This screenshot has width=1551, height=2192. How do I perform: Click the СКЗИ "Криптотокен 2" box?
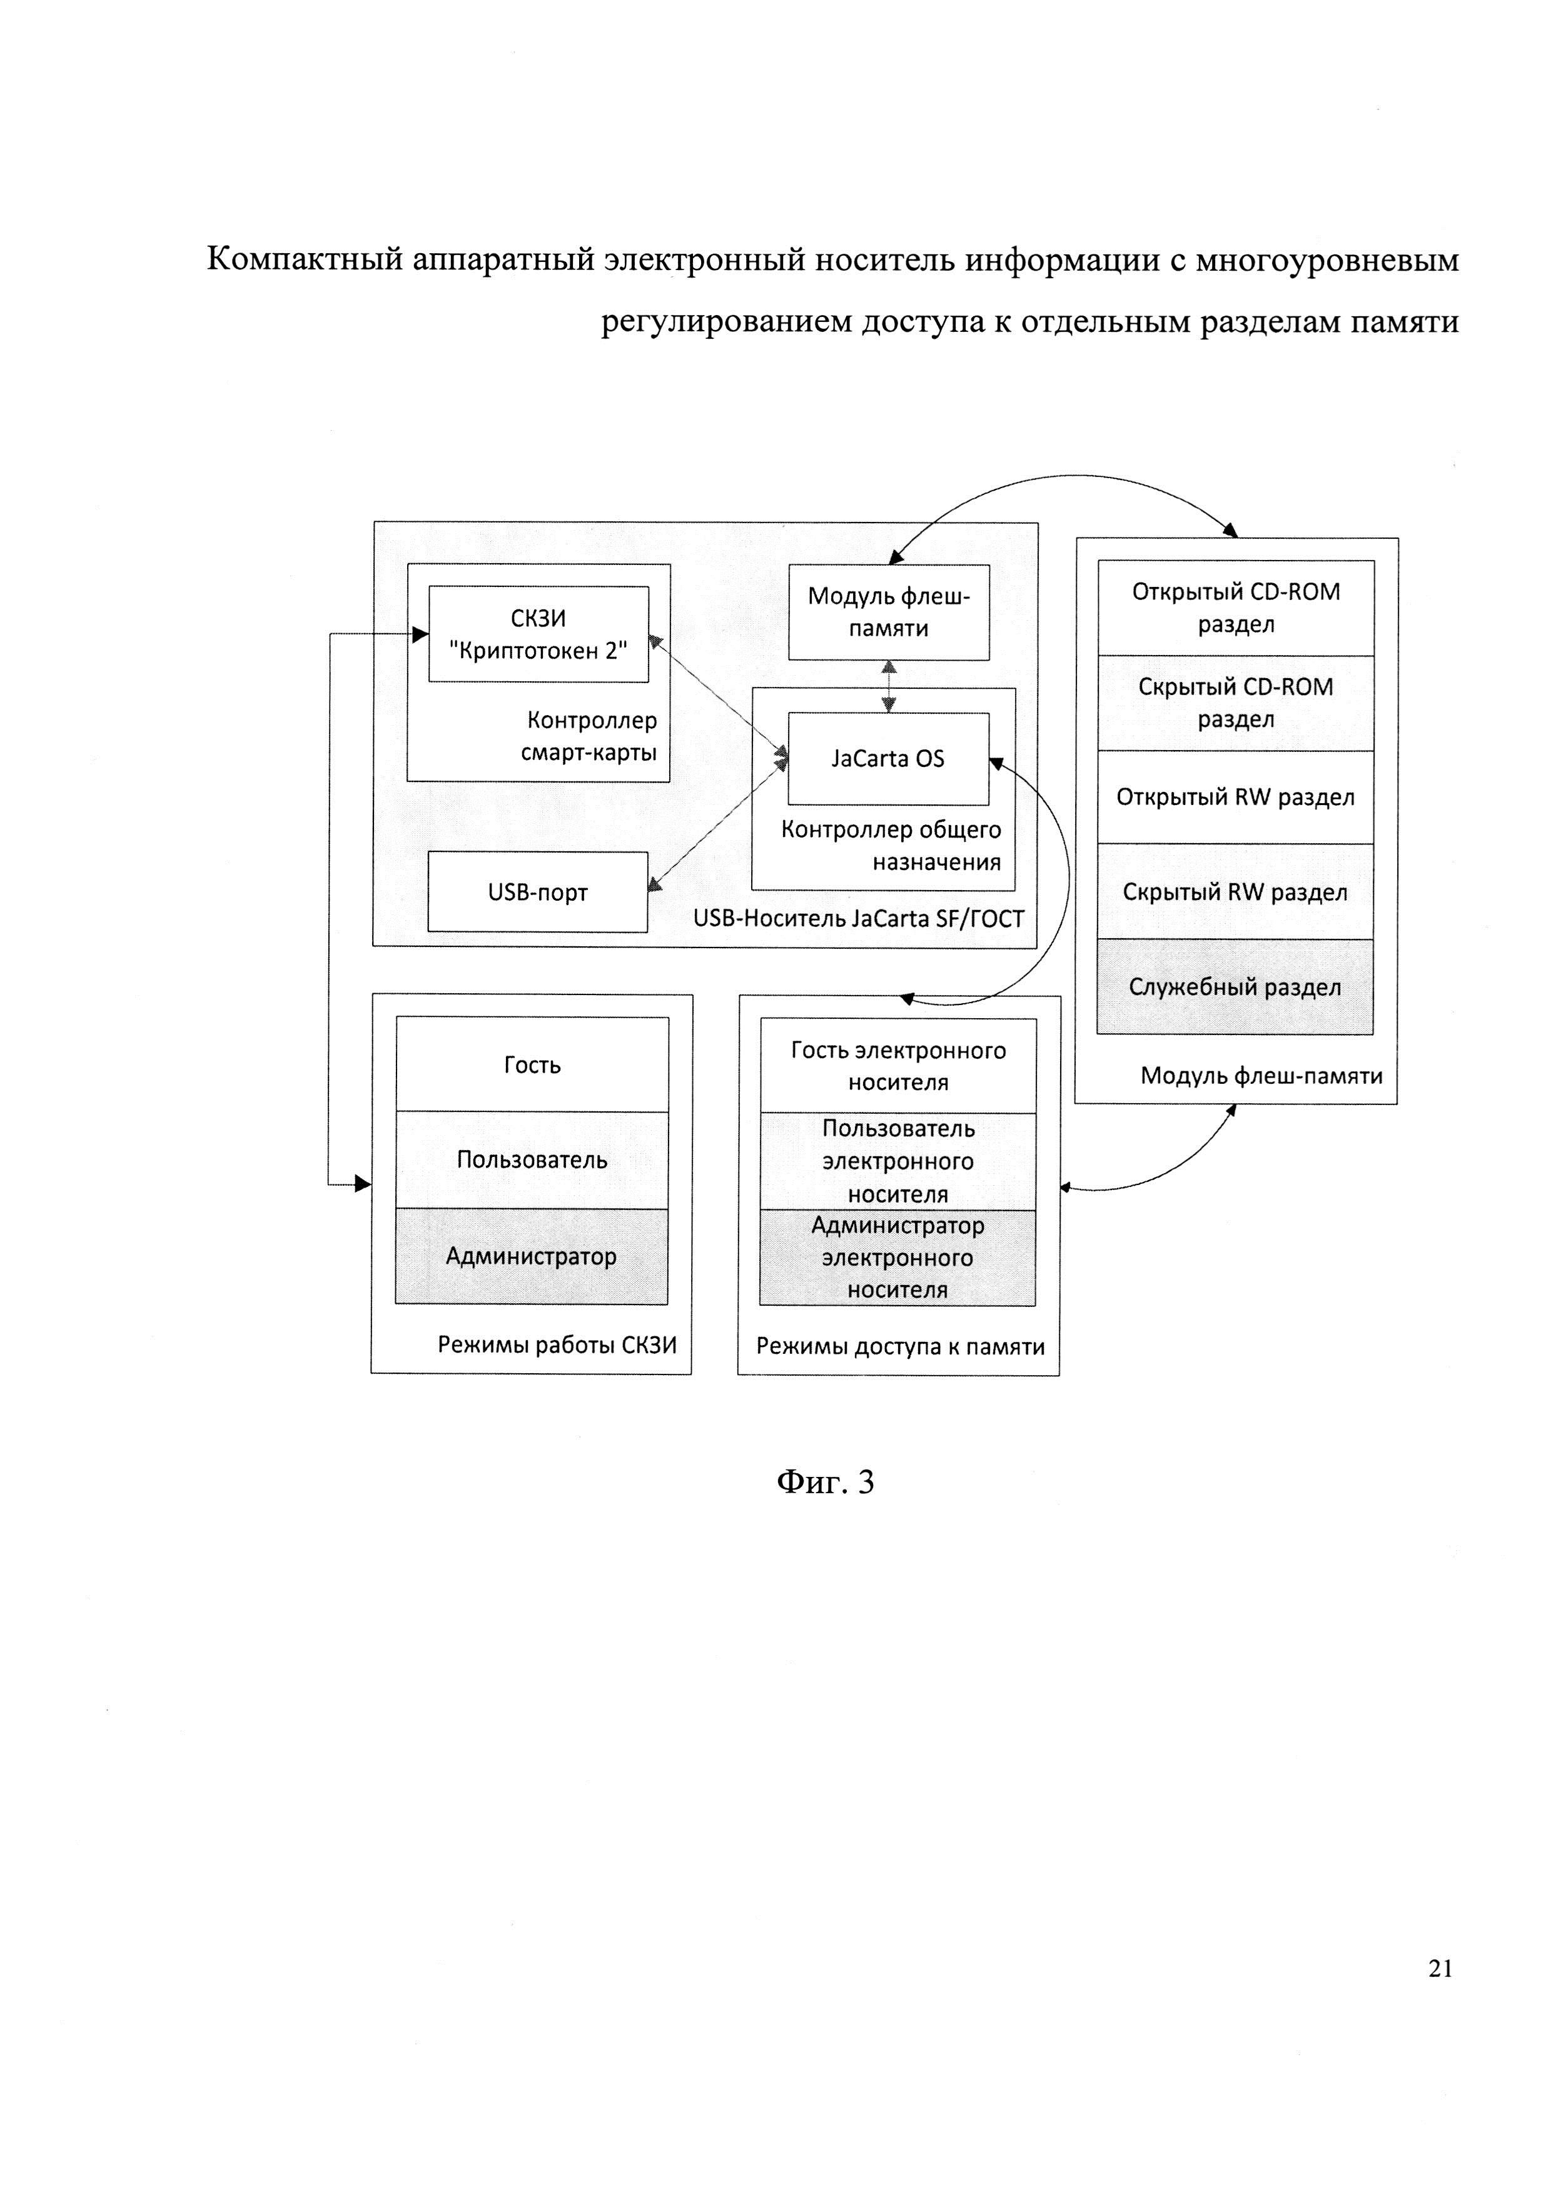[x=538, y=634]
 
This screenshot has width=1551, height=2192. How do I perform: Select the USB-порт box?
[x=538, y=892]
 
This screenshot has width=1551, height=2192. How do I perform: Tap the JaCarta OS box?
[x=888, y=759]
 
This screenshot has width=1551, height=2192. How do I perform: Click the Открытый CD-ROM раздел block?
[x=1236, y=608]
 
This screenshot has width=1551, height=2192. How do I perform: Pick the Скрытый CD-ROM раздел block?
[x=1236, y=704]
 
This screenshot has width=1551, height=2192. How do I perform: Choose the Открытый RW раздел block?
[x=1236, y=797]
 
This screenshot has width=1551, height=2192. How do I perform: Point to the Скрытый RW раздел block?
[x=1236, y=892]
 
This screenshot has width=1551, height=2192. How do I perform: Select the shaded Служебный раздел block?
[x=1236, y=987]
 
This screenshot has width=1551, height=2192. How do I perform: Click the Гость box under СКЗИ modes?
[x=532, y=1064]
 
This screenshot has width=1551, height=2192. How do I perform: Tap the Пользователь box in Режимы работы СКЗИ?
[x=532, y=1160]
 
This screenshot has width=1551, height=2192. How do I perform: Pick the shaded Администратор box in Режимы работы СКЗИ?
[x=532, y=1256]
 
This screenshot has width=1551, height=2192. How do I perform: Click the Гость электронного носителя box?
[x=899, y=1066]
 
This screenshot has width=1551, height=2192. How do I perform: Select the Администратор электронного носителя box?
[x=897, y=1258]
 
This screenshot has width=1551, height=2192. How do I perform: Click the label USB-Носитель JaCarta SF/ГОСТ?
[x=859, y=918]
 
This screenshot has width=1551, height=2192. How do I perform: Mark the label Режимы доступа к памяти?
[x=901, y=1346]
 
